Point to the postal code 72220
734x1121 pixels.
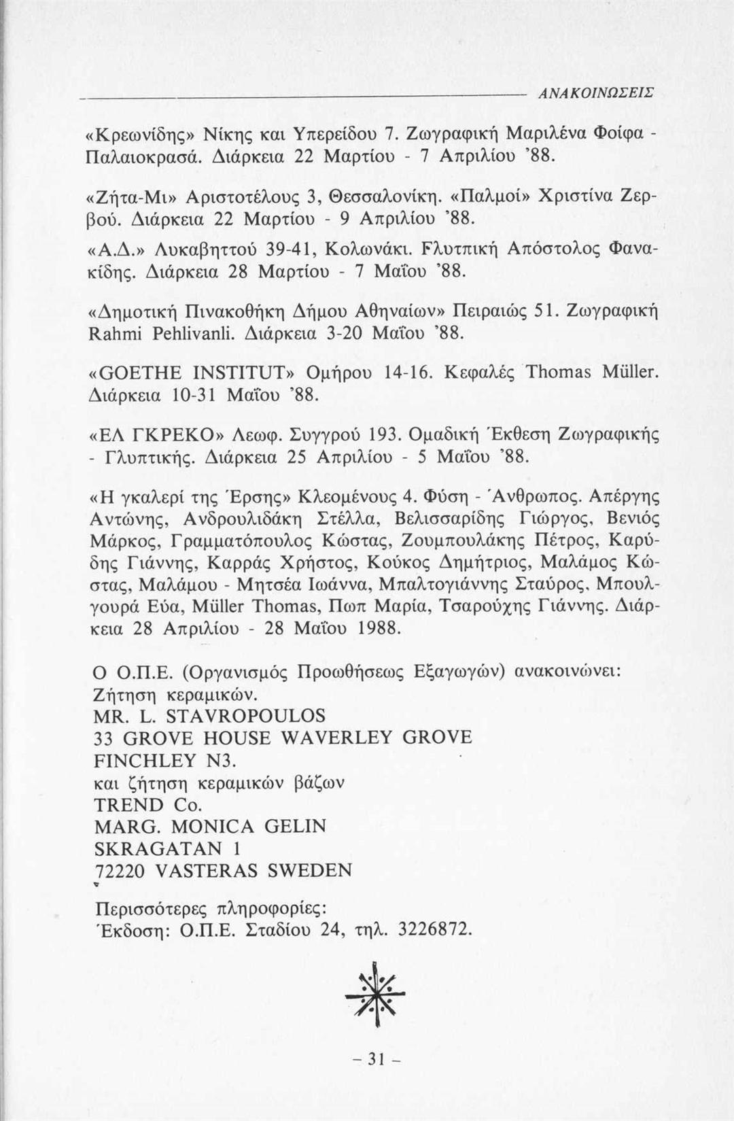[120, 871]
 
